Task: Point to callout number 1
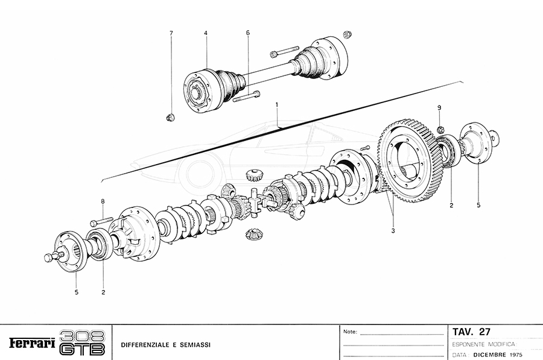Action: pos(276,105)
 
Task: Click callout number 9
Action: pos(440,107)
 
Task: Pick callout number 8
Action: pos(103,201)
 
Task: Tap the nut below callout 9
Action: pos(440,127)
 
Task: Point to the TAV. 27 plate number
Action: pos(472,332)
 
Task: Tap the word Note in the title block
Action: pos(349,332)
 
